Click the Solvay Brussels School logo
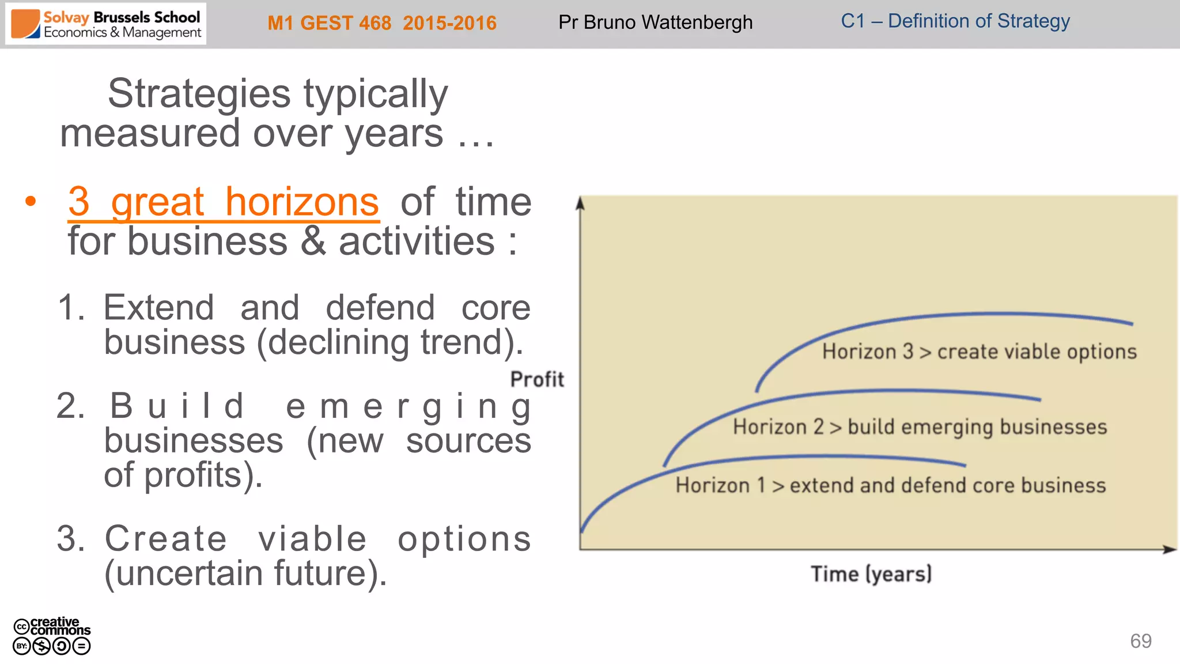coord(106,24)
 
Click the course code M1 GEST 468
coord(329,23)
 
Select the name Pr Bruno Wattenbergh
coord(655,22)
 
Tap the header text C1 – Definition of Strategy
coord(955,21)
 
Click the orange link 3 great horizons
coord(224,202)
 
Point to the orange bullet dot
coord(31,201)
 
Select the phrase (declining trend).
coord(390,342)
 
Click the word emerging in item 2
coord(409,406)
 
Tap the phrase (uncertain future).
coord(245,574)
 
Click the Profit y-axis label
coord(537,379)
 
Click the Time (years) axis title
coord(871,574)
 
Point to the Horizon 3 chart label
coord(979,352)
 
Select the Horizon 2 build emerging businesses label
coord(920,427)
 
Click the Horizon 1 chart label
coord(890,485)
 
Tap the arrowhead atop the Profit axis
coord(580,203)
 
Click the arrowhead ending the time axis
coord(1170,549)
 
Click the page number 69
coord(1140,641)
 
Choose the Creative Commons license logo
coord(52,636)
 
